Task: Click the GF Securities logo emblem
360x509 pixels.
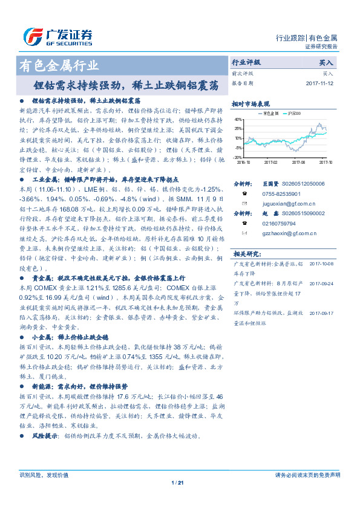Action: (31, 36)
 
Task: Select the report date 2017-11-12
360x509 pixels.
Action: (320, 83)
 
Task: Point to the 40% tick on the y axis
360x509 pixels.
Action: (238, 120)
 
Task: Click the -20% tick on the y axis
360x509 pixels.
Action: (238, 157)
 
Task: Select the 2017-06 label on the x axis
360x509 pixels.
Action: (299, 163)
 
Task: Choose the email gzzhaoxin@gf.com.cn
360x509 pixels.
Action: (279, 233)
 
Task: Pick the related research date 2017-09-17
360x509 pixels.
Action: (321, 313)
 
